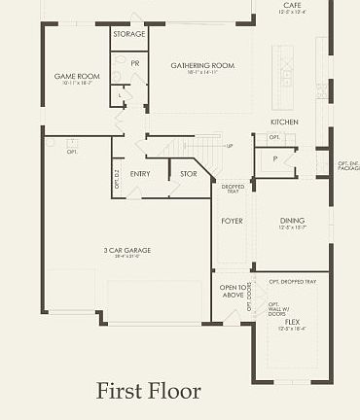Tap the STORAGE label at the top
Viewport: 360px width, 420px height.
(x=128, y=34)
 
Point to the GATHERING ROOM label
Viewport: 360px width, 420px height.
(x=202, y=65)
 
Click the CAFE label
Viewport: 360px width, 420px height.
(x=292, y=5)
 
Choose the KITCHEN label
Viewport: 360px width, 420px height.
(x=284, y=122)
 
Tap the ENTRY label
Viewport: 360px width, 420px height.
(x=140, y=174)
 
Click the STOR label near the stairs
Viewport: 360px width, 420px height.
(x=189, y=174)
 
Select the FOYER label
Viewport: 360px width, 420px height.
(x=232, y=221)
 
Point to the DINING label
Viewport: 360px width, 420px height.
(x=292, y=221)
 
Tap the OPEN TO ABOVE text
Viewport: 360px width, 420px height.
(x=233, y=292)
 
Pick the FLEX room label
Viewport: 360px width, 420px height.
(x=292, y=321)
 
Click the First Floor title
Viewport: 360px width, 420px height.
(x=148, y=391)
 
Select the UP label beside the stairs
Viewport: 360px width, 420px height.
(x=230, y=146)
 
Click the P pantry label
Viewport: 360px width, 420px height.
(x=275, y=157)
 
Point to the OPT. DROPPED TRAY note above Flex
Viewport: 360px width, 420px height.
(x=292, y=281)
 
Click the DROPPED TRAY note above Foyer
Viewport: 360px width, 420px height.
(x=232, y=189)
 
